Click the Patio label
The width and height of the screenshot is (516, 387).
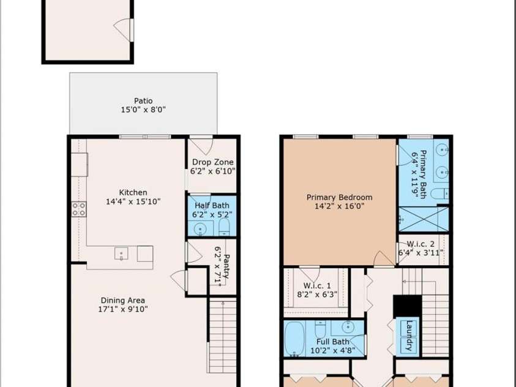143,100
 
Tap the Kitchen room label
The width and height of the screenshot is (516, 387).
133,192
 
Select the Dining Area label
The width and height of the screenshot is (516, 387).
123,300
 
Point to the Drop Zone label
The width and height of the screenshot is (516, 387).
212,162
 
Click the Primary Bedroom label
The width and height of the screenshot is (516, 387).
339,197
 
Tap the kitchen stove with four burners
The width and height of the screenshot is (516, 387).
79,209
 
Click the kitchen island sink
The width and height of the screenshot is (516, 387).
121,254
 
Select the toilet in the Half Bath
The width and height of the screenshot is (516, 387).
224,228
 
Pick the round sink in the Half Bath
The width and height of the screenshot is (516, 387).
200,229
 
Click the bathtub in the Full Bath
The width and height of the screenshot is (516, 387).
294,338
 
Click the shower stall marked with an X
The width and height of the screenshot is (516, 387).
424,219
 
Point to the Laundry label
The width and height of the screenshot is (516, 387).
409,336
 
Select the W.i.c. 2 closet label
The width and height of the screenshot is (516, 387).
421,244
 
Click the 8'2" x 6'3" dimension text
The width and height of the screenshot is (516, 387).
317,294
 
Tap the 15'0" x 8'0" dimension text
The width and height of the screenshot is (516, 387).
143,110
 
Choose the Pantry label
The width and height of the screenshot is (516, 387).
226,266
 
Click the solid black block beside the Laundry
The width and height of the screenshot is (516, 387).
408,306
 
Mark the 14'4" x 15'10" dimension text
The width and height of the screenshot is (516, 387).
133,201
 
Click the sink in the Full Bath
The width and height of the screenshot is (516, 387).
348,327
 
